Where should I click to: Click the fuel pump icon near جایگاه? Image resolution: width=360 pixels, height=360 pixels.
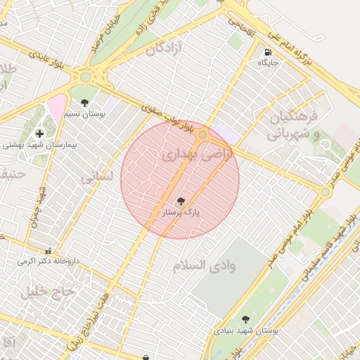pos(267,53)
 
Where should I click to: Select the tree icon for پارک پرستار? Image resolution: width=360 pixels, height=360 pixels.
pos(181,201)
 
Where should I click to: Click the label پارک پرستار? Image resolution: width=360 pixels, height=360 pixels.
pos(181,212)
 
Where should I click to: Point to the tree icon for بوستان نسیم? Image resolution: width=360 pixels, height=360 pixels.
pos(85,103)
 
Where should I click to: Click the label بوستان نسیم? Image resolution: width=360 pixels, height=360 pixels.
pos(85,113)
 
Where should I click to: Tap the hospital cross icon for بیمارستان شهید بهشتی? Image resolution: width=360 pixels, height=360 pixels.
pos(39,133)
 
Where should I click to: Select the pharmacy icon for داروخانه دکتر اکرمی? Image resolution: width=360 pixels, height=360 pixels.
pos(48,251)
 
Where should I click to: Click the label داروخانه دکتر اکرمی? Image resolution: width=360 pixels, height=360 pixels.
pos(48,261)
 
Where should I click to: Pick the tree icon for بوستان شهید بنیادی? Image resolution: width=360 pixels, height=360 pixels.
pos(245,319)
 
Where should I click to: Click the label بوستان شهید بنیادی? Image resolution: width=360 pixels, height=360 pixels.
pos(245,330)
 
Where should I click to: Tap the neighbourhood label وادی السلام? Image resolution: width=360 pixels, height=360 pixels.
pos(204,265)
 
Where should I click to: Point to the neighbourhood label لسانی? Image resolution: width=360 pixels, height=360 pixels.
pos(97,178)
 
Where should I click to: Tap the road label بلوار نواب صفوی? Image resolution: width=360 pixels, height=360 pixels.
pos(166,120)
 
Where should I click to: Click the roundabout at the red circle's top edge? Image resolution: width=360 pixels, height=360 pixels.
pos(203,134)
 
